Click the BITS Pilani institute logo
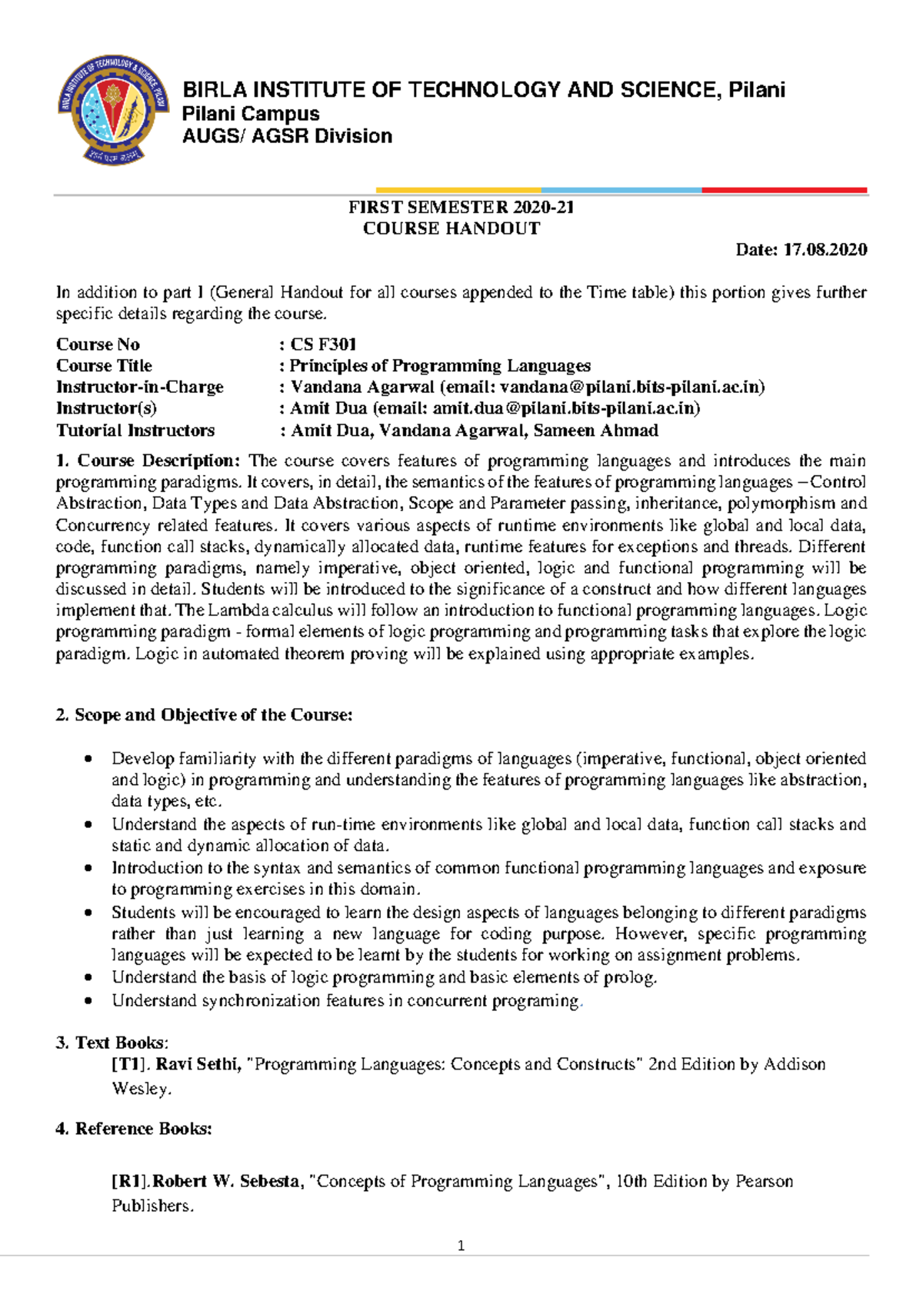pyautogui.click(x=113, y=108)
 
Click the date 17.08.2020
pyautogui.click(x=825, y=249)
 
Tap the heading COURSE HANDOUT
pyautogui.click(x=452, y=228)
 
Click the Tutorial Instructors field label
pyautogui.click(x=135, y=431)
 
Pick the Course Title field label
pyautogui.click(x=104, y=366)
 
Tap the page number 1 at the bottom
pyautogui.click(x=461, y=1246)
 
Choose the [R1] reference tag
pyautogui.click(x=130, y=1181)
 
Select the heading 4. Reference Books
pyautogui.click(x=134, y=1129)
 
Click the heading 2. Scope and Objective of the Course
pyautogui.click(x=204, y=715)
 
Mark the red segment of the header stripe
pyautogui.click(x=784, y=190)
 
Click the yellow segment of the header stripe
pyautogui.click(x=458, y=190)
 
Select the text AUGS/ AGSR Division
pyautogui.click(x=287, y=136)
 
